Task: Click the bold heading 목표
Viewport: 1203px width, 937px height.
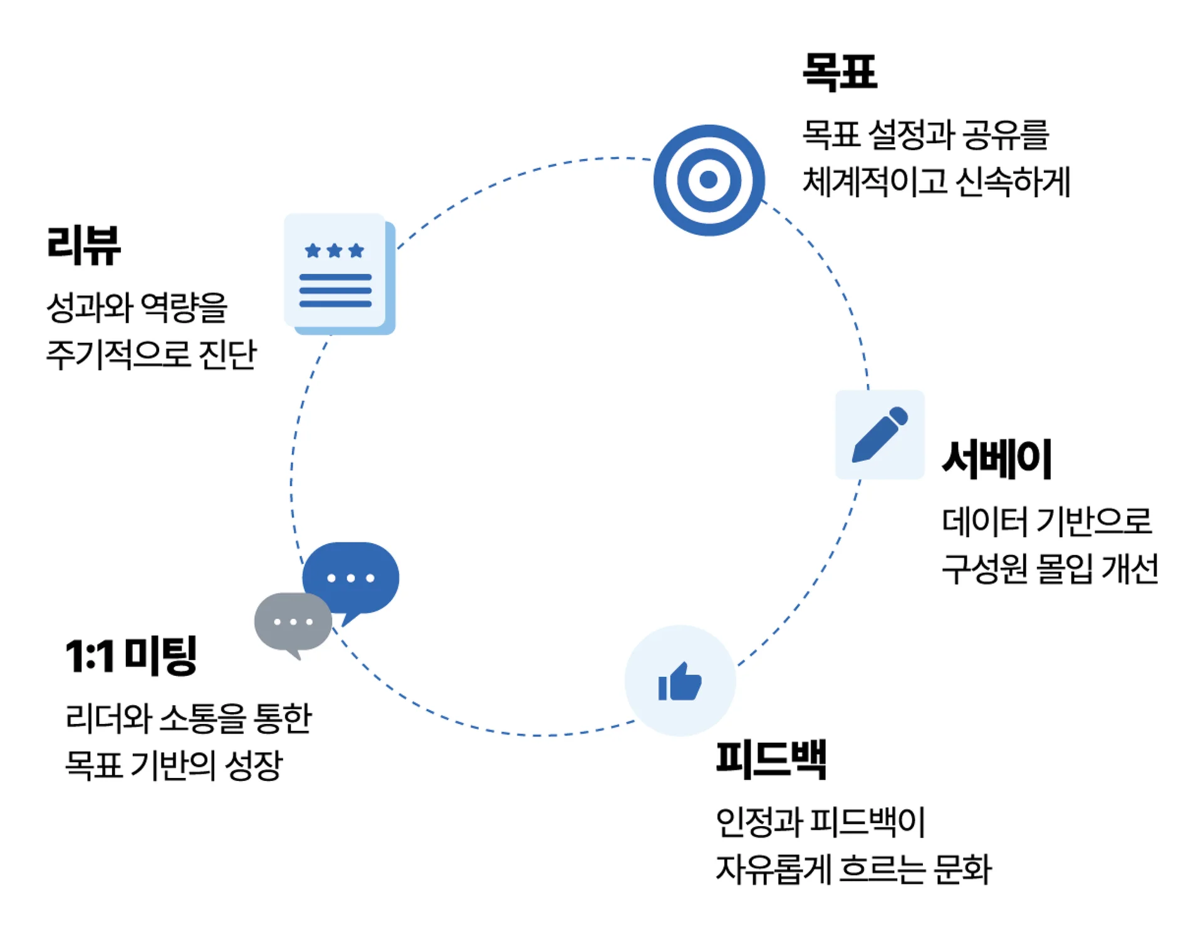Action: click(840, 72)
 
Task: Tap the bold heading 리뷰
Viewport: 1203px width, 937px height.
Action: click(83, 245)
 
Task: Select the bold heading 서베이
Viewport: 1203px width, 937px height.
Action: click(996, 459)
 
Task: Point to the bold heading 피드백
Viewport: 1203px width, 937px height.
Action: click(771, 759)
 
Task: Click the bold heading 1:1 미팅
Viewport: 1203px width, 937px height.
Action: click(131, 656)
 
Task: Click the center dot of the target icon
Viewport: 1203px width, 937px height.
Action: click(709, 180)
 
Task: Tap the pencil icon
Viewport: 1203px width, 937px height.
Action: click(880, 435)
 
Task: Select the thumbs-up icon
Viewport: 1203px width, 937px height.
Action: click(680, 681)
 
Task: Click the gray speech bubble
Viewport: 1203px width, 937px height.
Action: click(292, 623)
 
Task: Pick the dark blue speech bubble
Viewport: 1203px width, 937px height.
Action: click(352, 577)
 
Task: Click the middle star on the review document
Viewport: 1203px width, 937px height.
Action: click(335, 251)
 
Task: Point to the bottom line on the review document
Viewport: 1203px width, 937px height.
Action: click(335, 304)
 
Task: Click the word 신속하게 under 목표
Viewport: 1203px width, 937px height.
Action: click(1013, 182)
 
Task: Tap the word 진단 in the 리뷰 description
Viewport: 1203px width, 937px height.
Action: click(227, 355)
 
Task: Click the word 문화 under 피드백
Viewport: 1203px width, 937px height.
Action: click(962, 869)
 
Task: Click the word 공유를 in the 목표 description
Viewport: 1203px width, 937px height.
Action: click(1005, 135)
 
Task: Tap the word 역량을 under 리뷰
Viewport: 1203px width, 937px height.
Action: click(184, 307)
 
